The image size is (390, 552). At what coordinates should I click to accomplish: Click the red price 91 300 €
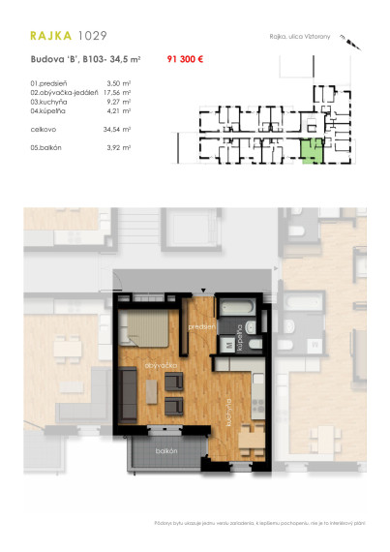point(185,60)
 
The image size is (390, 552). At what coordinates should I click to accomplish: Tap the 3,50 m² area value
point(118,84)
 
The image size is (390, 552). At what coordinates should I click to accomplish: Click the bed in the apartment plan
point(147,325)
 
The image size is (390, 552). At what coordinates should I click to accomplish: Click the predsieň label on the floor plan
point(201,327)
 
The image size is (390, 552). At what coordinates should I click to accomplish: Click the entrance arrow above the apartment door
point(203,290)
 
